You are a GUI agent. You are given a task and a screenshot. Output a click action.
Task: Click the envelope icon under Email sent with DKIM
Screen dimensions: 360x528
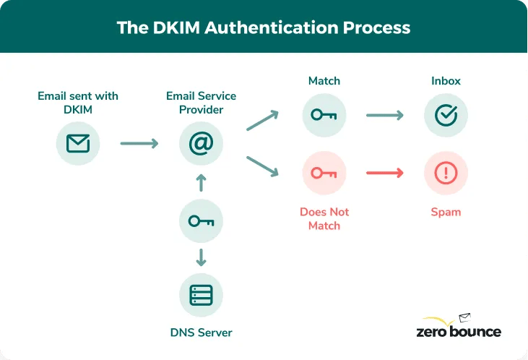[x=78, y=143]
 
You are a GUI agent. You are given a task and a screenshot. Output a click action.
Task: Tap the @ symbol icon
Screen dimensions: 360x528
[x=201, y=143]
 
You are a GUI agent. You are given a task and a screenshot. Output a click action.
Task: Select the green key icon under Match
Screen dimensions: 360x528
[x=324, y=115]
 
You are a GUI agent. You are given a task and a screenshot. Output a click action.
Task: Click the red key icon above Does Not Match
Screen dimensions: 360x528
[x=324, y=173]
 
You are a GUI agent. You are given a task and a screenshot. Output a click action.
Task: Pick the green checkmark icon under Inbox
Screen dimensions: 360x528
[x=446, y=115]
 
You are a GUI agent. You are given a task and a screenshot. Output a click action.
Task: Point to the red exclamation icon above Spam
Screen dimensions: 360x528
[x=446, y=173]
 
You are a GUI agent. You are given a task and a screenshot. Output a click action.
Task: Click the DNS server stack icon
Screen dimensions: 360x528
[x=201, y=296]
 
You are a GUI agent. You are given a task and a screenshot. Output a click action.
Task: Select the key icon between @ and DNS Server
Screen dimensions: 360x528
[x=201, y=220]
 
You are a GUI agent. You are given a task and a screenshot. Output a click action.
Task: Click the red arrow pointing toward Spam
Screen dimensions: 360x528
[x=384, y=173]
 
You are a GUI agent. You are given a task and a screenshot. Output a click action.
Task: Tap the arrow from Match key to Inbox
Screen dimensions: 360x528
[x=384, y=115]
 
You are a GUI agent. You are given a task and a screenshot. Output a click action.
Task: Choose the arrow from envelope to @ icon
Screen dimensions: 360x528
[x=139, y=144]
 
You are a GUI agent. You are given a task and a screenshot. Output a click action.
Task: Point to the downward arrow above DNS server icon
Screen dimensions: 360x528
[x=201, y=257]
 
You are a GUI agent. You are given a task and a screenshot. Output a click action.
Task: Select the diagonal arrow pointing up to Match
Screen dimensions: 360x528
[x=262, y=121]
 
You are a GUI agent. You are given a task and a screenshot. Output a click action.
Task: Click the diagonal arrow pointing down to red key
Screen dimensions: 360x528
[x=262, y=166]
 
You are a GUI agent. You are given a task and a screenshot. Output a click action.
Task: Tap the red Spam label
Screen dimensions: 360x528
[x=446, y=213]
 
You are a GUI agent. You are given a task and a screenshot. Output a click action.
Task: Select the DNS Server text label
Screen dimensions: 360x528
[x=201, y=333]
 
